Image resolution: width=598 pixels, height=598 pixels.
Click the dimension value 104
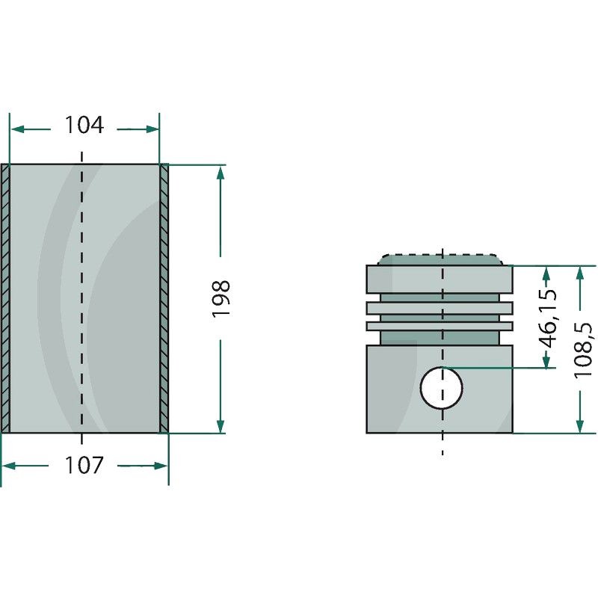tap(84, 126)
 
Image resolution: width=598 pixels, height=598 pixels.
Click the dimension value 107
tap(84, 465)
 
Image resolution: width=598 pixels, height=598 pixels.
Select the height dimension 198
tap(221, 298)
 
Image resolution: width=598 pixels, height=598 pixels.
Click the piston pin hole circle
tap(442, 388)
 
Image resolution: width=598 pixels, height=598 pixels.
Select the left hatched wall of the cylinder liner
tap(5, 298)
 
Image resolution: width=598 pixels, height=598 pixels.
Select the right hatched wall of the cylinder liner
tap(164, 298)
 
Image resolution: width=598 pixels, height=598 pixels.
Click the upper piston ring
tap(440, 307)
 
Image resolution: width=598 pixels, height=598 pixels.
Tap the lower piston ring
tap(440, 326)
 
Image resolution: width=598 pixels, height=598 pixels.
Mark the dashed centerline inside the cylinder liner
tap(81, 298)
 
